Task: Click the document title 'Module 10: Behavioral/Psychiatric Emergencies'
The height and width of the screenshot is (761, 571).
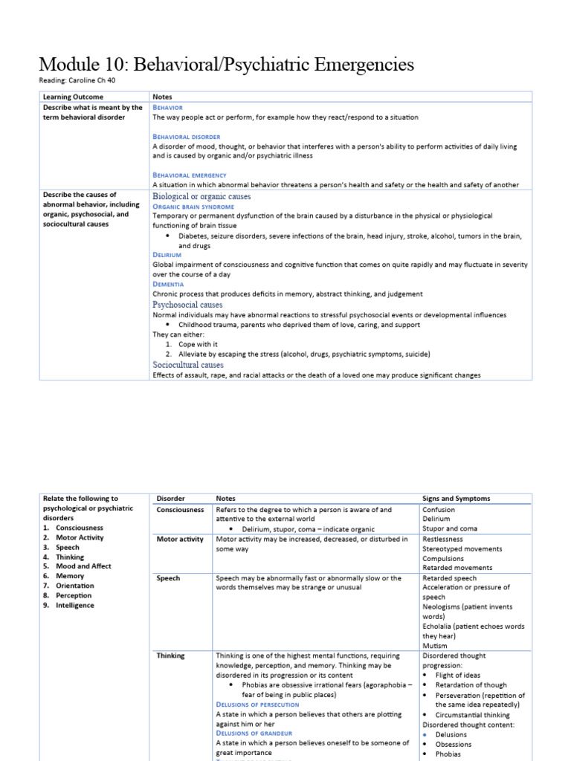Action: pos(226,65)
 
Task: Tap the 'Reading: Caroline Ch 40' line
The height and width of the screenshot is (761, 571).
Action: pos(77,80)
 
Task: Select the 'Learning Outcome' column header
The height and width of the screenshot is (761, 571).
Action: pos(73,97)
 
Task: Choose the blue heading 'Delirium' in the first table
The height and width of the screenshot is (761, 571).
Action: pos(167,254)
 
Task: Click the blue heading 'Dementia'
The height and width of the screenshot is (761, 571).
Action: pos(168,284)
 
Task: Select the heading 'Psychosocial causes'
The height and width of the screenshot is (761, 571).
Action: pos(187,305)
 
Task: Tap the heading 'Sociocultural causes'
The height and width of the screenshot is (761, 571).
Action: pos(188,365)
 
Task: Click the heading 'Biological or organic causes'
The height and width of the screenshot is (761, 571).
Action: pos(201,196)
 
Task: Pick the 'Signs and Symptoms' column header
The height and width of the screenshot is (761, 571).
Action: pos(456,499)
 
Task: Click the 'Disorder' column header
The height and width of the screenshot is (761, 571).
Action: pos(171,499)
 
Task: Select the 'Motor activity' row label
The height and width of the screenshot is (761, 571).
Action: pos(179,540)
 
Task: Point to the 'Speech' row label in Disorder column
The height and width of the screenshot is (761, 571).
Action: pos(169,578)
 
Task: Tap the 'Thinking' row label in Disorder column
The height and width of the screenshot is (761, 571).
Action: pos(171,656)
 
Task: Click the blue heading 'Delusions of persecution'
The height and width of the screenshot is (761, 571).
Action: pos(257,705)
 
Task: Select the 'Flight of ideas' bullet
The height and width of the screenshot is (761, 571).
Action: pos(460,676)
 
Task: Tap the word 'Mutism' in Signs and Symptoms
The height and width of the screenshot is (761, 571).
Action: pos(435,646)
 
